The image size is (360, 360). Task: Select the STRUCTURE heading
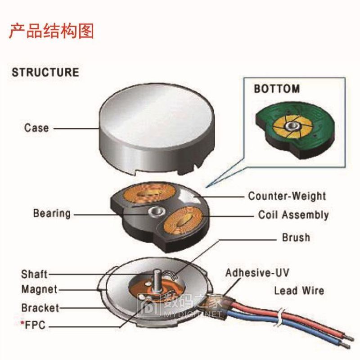(45, 72)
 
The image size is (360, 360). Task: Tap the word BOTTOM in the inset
(277, 89)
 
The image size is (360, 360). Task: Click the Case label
(36, 128)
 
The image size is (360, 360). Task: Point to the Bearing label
(52, 213)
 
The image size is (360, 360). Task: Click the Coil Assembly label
(293, 215)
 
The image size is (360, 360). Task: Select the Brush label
(296, 237)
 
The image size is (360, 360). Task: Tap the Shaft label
(34, 274)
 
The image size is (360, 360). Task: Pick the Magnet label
(39, 289)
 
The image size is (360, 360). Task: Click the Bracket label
(40, 308)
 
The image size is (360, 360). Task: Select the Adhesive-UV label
(257, 273)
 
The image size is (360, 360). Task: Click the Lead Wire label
(299, 290)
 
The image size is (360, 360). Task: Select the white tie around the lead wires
(279, 316)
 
